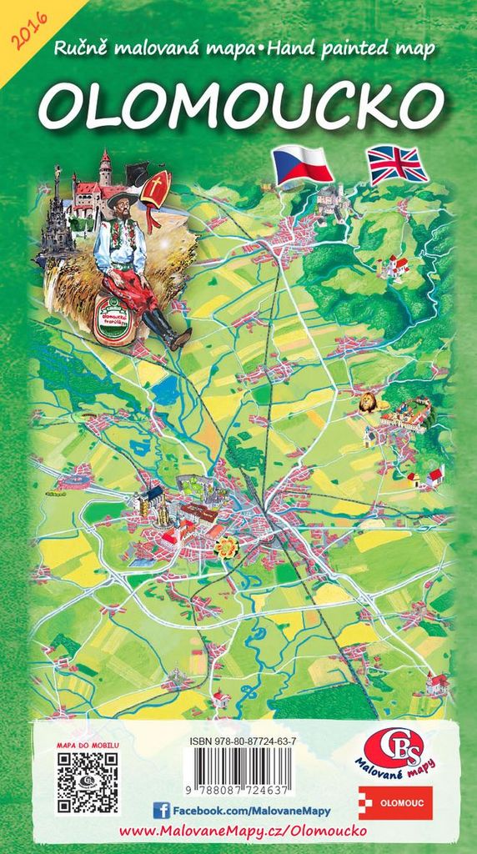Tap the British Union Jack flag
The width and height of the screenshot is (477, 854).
tap(398, 164)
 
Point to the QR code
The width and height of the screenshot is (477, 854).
tap(87, 782)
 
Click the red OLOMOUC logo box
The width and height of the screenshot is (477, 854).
tap(395, 802)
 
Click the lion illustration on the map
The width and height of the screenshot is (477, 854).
tap(367, 404)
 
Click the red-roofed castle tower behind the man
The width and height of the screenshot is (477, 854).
tap(104, 168)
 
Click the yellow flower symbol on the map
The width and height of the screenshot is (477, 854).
tap(225, 546)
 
